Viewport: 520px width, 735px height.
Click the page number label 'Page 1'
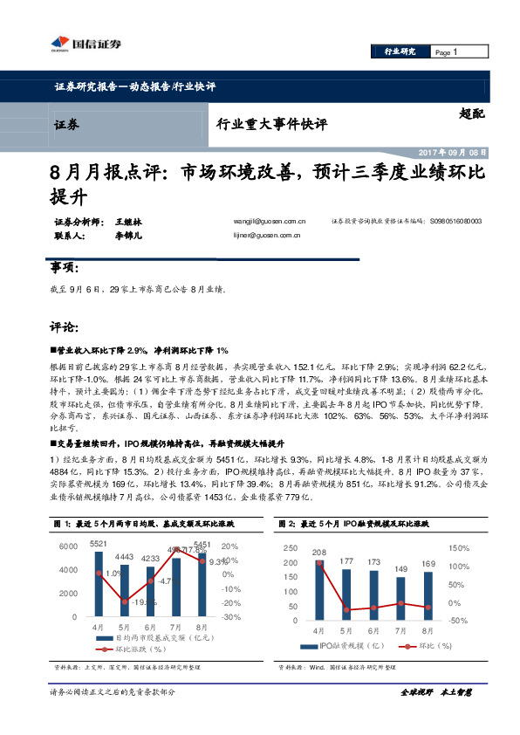[x=446, y=52]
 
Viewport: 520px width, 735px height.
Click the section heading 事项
[x=65, y=267]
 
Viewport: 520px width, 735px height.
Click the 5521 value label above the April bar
[x=99, y=544]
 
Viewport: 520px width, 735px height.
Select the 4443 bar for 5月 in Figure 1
[x=124, y=590]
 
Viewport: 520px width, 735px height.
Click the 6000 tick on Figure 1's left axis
[x=68, y=546]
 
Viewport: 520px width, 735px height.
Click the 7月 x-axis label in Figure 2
[x=400, y=629]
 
